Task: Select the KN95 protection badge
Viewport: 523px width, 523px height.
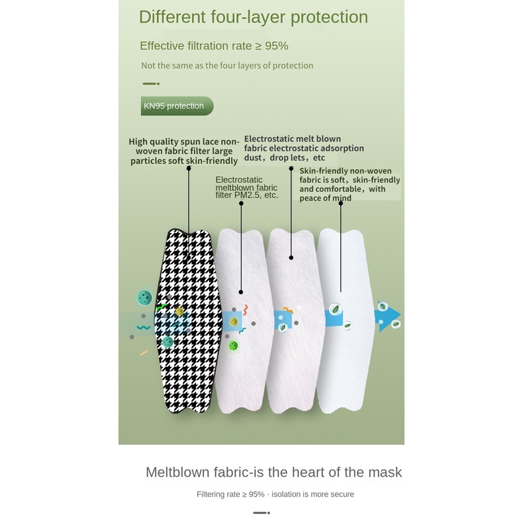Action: point(176,106)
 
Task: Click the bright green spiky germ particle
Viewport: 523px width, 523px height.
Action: point(233,346)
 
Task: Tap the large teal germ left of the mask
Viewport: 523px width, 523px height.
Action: point(144,298)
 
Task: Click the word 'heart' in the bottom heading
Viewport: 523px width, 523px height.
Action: point(307,472)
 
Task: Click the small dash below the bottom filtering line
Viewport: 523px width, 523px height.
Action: point(261,512)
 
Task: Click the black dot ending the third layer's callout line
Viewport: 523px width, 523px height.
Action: point(291,257)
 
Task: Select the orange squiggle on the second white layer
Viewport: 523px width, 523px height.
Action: point(287,310)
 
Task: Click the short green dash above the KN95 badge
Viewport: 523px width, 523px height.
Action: point(151,84)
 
